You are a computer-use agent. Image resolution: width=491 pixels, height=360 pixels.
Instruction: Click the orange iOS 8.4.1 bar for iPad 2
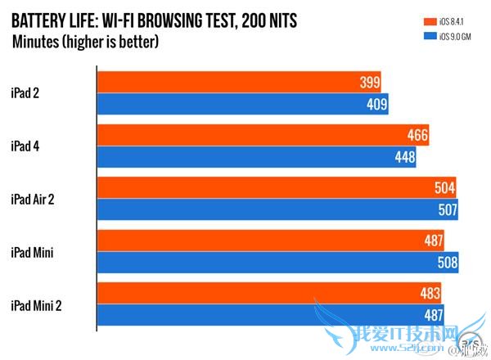(237, 82)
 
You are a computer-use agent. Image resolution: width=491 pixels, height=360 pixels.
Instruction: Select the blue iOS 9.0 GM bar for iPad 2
(241, 104)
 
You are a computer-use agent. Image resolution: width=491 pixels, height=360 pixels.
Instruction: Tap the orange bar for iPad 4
(262, 136)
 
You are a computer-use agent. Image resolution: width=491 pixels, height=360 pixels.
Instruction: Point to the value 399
(370, 83)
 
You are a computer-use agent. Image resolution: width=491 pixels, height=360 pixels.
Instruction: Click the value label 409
(376, 104)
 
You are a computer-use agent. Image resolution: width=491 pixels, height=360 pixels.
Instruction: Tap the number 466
(417, 136)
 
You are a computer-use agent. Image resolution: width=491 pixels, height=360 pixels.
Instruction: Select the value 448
(404, 157)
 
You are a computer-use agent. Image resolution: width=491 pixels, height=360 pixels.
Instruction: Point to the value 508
(446, 264)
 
